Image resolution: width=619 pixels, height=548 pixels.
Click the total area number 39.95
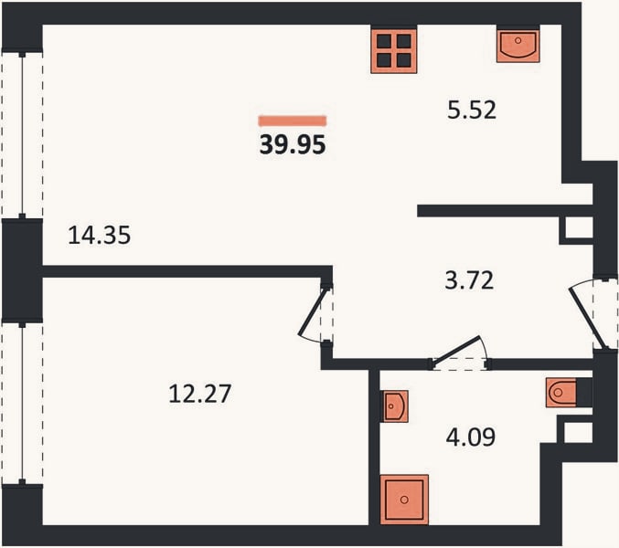(x=293, y=144)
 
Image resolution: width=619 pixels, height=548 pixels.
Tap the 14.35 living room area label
(x=99, y=235)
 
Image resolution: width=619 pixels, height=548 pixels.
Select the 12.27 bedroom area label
(x=199, y=394)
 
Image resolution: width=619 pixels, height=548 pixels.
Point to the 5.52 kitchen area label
(x=472, y=110)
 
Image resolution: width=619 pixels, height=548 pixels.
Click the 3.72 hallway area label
(x=469, y=280)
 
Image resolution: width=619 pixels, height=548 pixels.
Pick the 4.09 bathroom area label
(x=471, y=437)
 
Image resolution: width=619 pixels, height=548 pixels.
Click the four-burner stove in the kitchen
(x=393, y=50)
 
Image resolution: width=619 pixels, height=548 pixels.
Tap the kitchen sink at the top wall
(x=518, y=45)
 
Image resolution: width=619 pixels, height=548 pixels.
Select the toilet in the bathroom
(x=561, y=392)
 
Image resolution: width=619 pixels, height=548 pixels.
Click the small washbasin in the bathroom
(x=394, y=406)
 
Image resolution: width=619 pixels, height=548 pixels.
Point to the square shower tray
(x=404, y=500)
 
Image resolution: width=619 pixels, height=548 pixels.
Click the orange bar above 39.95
(x=293, y=121)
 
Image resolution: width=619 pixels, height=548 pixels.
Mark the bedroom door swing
(x=315, y=314)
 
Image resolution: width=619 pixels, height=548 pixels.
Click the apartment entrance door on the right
(x=592, y=314)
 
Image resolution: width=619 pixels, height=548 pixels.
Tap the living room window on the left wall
(x=22, y=135)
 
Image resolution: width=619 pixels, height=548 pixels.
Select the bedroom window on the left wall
(x=22, y=403)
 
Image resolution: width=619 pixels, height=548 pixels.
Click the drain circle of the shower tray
(x=404, y=500)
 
